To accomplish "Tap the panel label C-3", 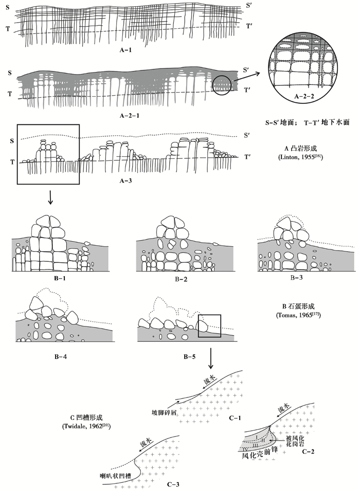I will (x=176, y=484).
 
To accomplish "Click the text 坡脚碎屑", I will (x=165, y=412).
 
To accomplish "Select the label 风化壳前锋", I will (x=260, y=455).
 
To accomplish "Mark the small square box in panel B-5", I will (x=209, y=326).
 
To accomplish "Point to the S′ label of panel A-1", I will (x=248, y=5).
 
